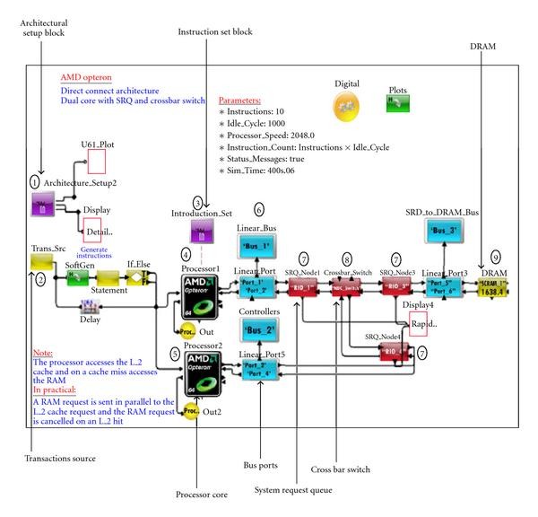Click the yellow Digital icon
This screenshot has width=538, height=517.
point(347,107)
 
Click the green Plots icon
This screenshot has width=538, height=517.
point(395,105)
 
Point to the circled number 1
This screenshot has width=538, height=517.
point(34,181)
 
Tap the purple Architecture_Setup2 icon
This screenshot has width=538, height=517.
point(43,208)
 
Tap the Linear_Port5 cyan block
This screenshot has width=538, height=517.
point(260,370)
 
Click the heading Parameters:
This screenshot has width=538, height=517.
point(240,101)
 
